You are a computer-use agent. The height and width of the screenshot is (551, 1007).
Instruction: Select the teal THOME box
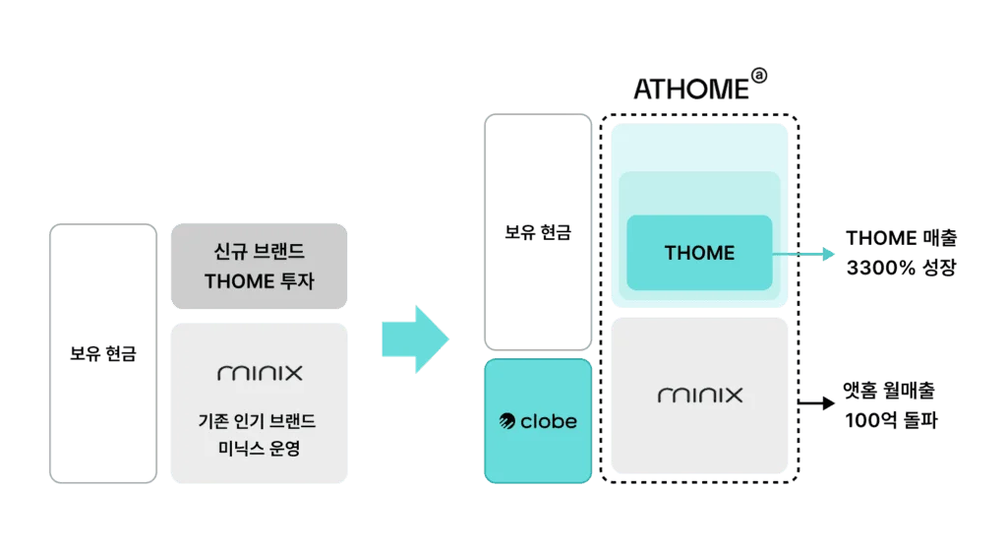[699, 253]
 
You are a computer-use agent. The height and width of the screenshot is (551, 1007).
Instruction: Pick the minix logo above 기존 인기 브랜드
[260, 373]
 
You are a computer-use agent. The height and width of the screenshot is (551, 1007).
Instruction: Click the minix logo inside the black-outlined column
[700, 396]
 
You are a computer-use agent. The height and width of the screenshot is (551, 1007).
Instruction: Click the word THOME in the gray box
[239, 281]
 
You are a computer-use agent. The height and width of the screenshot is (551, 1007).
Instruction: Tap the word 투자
[296, 281]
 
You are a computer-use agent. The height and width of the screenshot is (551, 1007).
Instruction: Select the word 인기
[255, 422]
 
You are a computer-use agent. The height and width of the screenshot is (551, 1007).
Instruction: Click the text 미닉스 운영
[259, 453]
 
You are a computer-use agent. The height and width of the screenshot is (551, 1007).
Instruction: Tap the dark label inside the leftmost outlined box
[102, 351]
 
